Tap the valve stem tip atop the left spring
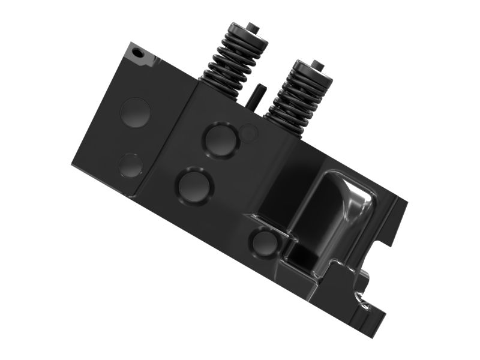pyautogui.click(x=253, y=27)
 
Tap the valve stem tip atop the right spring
pyautogui.click(x=317, y=64)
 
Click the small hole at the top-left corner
pyautogui.click(x=139, y=53)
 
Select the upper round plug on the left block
pyautogui.click(x=136, y=112)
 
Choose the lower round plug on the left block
pyautogui.click(x=131, y=165)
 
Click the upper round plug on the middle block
pyautogui.click(x=220, y=139)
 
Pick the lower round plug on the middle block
pyautogui.click(x=195, y=185)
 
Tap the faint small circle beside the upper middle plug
pyautogui.click(x=249, y=133)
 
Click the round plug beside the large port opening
pyautogui.click(x=264, y=243)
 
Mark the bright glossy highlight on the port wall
pyautogui.click(x=359, y=201)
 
